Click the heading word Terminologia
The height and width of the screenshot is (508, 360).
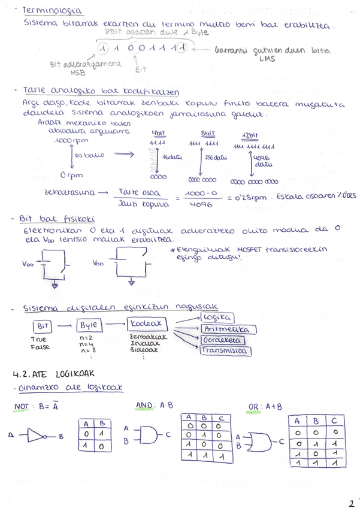click(51, 11)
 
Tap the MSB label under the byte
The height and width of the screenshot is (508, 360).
click(78, 73)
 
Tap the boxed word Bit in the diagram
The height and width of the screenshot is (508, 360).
click(42, 325)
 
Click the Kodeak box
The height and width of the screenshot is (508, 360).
click(147, 325)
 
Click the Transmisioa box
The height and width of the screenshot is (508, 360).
click(224, 351)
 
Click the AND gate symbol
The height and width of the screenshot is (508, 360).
click(146, 435)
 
